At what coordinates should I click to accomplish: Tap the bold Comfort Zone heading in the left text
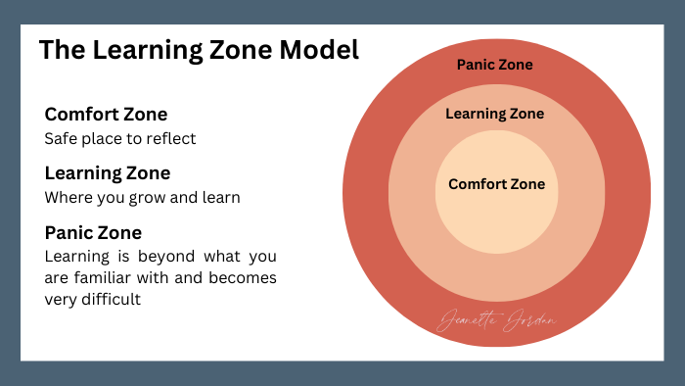(x=106, y=114)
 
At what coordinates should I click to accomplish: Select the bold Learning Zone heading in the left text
(x=108, y=173)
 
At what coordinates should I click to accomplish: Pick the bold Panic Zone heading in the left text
(x=93, y=233)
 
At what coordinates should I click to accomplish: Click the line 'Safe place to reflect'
(x=120, y=139)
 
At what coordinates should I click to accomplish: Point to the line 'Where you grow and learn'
(x=143, y=198)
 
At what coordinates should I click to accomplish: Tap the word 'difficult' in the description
(x=110, y=300)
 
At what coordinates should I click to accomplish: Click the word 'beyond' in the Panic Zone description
(x=164, y=258)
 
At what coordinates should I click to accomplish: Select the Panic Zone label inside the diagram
(x=495, y=66)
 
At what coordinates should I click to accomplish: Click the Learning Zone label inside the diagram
(x=495, y=114)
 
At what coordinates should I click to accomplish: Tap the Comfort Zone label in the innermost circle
(x=496, y=184)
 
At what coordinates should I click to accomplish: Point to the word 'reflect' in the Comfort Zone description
(x=173, y=139)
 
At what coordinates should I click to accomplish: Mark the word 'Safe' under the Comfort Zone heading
(x=61, y=139)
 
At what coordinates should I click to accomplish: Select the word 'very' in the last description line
(x=62, y=300)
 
